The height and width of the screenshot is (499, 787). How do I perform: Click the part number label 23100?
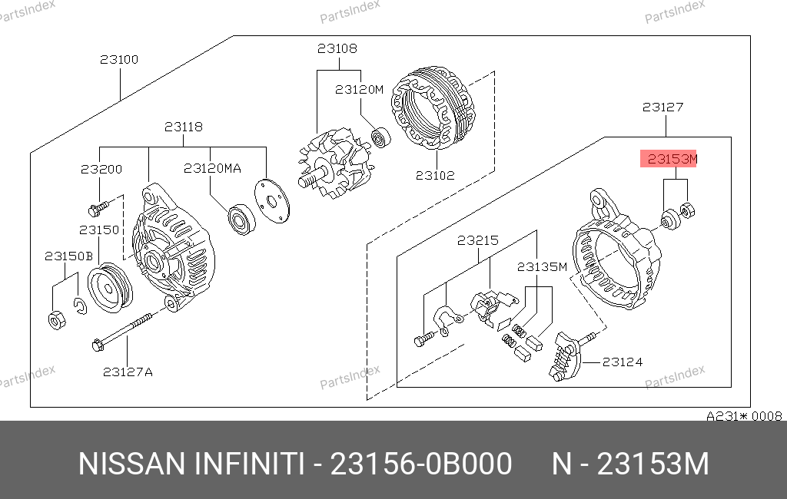119,60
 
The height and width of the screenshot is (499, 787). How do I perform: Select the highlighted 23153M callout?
669,159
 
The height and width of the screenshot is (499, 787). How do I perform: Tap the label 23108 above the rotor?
337,48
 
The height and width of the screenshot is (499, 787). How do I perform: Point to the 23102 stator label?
435,176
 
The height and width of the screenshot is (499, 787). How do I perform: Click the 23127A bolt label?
128,372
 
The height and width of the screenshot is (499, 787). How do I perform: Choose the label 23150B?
68,256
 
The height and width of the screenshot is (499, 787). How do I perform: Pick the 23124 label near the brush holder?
623,362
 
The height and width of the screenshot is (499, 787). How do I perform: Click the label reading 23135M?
542,267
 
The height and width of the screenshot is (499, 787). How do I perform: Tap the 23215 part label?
478,241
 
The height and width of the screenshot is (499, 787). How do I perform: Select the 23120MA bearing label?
212,168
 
